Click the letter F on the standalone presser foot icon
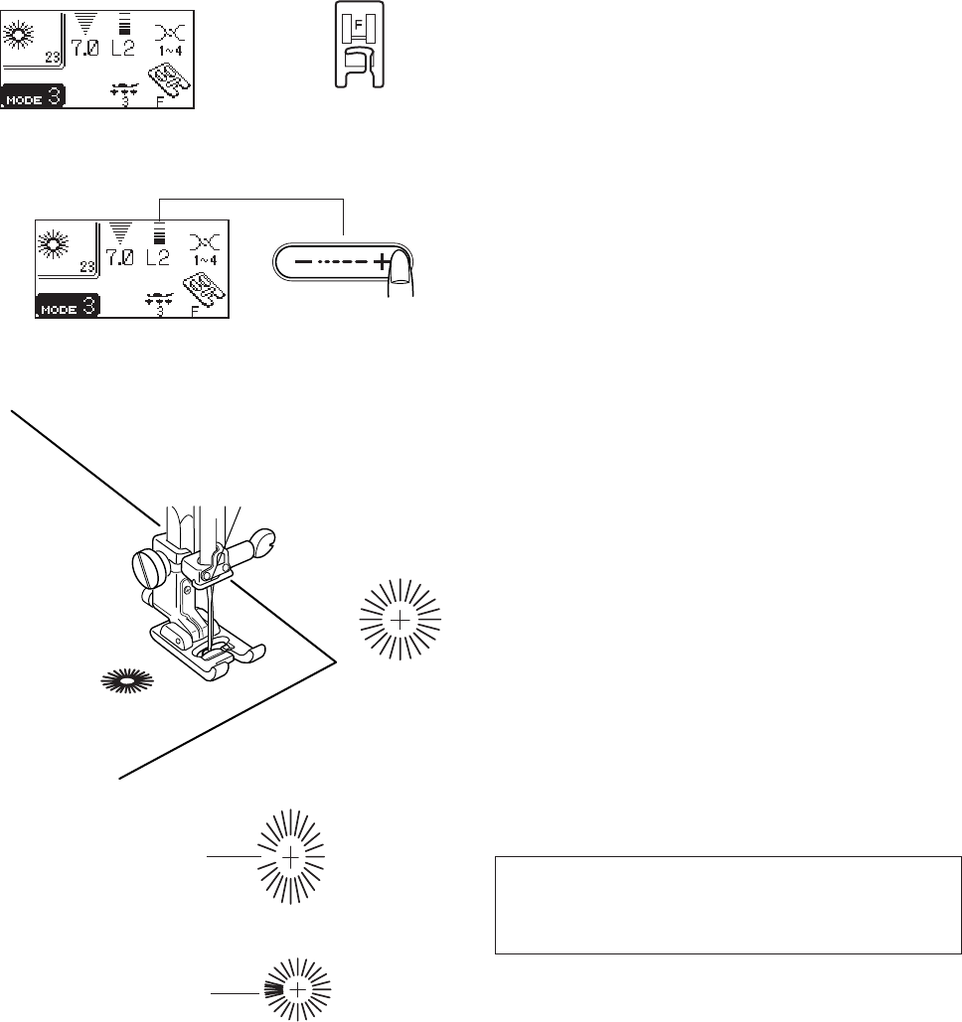tap(359, 20)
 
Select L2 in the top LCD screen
tap(122, 47)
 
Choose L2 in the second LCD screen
tap(157, 256)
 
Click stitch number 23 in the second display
tap(86, 266)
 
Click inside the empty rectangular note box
tap(727, 905)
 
